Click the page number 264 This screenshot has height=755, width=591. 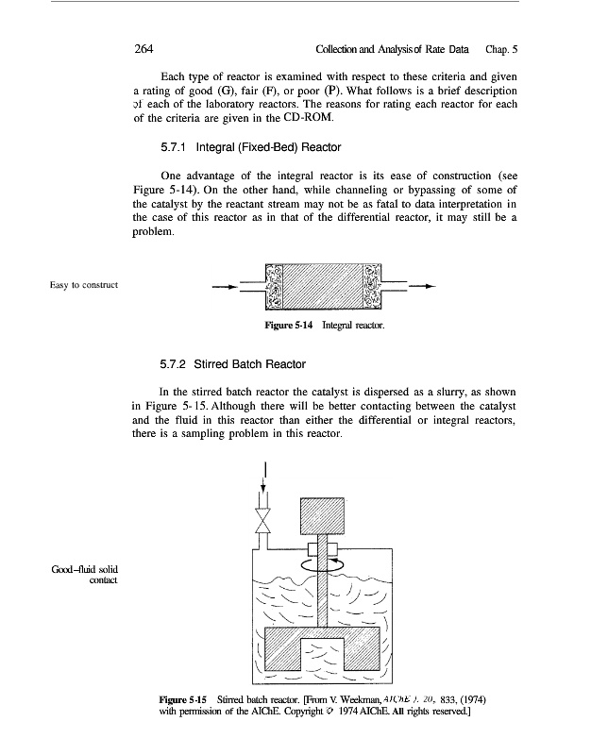pos(144,49)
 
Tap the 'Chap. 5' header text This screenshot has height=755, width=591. pos(501,49)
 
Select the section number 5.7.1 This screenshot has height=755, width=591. pos(174,147)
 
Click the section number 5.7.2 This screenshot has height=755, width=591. pos(173,364)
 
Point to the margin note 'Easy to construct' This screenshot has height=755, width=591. pos(84,285)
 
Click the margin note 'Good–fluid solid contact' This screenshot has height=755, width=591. pos(85,575)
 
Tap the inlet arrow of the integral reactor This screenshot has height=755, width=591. pos(225,287)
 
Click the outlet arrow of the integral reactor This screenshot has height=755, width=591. pos(422,287)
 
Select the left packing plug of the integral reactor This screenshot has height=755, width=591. pos(274,287)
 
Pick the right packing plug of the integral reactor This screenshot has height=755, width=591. pos(371,287)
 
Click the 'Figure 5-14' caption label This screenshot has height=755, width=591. pos(289,325)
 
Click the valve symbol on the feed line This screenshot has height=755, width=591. pos(263,520)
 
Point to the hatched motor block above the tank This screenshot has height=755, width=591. pos(322,515)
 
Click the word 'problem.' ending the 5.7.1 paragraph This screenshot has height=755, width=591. pos(153,231)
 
